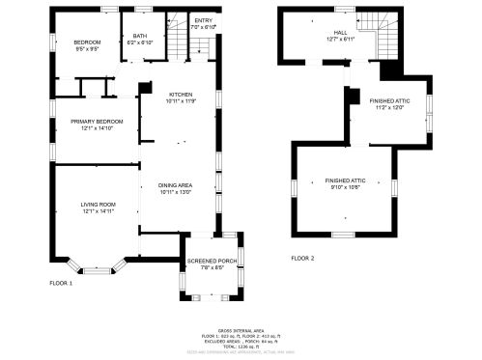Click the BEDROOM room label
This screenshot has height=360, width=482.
coord(88,42)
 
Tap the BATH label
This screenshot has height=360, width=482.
coord(141,36)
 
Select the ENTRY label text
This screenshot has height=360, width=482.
coord(203,20)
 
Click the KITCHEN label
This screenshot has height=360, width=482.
coord(181,94)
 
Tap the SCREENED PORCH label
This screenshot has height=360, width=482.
coord(213,261)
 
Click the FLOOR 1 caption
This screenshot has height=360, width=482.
coord(62,283)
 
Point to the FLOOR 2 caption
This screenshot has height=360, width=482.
coord(303,258)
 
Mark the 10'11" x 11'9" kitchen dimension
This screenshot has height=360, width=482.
coord(181,100)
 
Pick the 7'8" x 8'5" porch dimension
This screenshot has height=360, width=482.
coord(213,267)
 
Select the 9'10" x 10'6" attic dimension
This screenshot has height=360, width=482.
coord(343,188)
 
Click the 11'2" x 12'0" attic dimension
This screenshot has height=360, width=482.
coord(385,106)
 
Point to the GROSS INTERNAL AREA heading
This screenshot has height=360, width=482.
coord(241,329)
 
